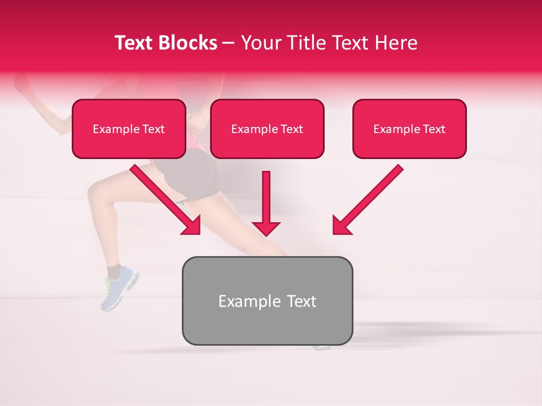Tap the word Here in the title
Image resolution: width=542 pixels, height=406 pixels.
[395, 43]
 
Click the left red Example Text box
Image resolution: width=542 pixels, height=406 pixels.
[129, 129]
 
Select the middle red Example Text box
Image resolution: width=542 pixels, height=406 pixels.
[267, 129]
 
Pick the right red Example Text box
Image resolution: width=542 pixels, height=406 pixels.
[409, 129]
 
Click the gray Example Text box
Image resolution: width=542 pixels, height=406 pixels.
[267, 301]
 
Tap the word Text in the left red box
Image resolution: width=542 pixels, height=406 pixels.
[154, 129]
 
